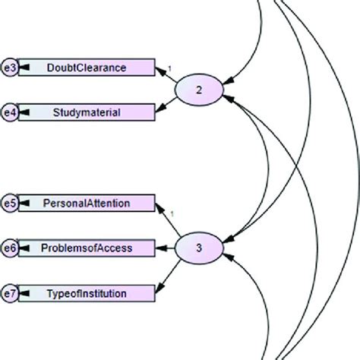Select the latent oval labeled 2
coord(199,90)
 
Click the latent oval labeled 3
coord(199,248)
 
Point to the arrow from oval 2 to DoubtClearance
coord(169,78)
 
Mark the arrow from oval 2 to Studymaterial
coord(169,103)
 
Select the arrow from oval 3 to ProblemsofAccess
coord(166,248)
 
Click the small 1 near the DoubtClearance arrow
coord(170,68)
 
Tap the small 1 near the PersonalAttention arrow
coord(172,213)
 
